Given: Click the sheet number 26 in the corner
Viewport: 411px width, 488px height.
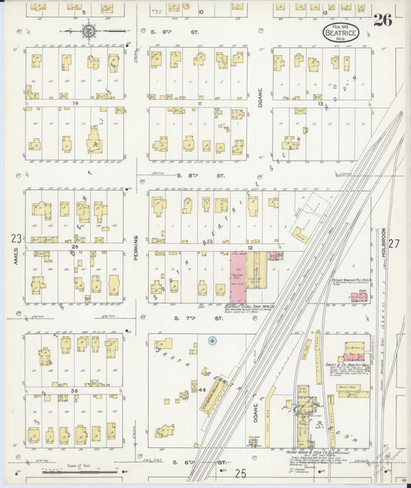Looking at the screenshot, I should (383, 20).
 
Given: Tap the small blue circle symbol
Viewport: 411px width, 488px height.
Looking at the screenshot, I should (214, 341).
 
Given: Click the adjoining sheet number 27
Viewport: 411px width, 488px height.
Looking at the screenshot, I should (395, 244).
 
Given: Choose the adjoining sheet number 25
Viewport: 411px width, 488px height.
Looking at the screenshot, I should (241, 472).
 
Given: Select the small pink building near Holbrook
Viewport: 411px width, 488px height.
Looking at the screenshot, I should (359, 297).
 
